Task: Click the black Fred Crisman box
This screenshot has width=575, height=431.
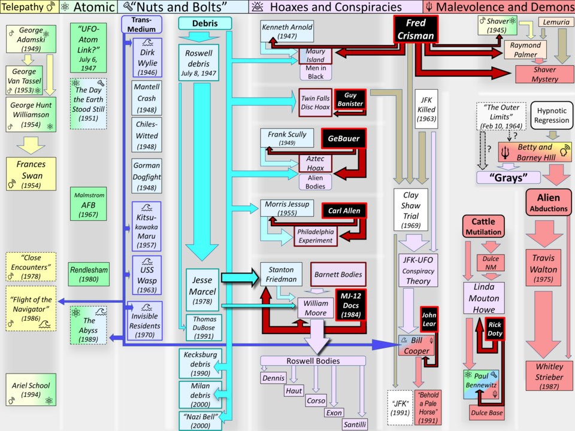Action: tap(416, 29)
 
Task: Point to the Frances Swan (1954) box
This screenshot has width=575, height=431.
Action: tap(31, 174)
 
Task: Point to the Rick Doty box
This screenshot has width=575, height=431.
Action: tap(495, 329)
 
